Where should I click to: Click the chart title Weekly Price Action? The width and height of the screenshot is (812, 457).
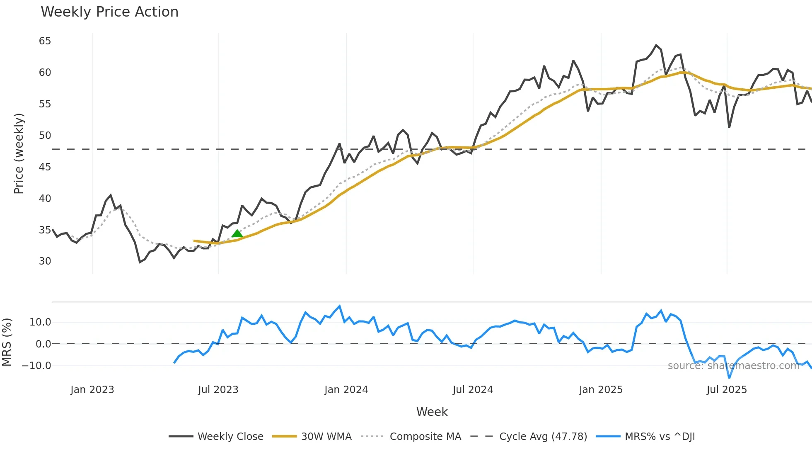(x=109, y=12)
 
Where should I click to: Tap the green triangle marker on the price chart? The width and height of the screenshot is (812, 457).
(x=237, y=234)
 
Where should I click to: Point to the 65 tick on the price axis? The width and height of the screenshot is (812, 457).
(x=45, y=41)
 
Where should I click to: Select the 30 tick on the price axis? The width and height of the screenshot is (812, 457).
(x=45, y=261)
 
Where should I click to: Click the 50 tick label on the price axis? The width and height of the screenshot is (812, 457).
(x=45, y=136)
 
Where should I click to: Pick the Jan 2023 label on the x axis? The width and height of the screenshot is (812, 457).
(x=92, y=390)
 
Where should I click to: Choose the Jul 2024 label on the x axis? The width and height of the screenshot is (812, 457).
(x=473, y=390)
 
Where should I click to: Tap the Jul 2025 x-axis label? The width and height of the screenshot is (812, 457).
(x=727, y=390)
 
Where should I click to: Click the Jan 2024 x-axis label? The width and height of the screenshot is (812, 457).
(x=346, y=390)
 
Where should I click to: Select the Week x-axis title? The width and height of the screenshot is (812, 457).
(x=432, y=412)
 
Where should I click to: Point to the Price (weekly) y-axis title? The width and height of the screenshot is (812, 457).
(x=19, y=153)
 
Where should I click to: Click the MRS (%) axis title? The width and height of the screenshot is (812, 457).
(x=7, y=342)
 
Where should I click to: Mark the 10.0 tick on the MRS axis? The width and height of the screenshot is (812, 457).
(x=40, y=322)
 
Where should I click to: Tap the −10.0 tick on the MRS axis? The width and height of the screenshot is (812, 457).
(x=36, y=366)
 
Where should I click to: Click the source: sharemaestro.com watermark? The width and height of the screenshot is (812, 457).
(x=733, y=366)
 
